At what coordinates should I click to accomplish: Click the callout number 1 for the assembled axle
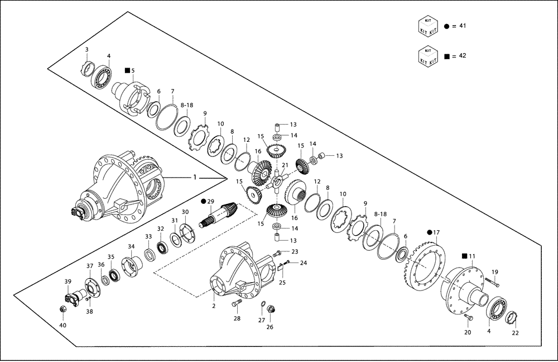(x=194, y=177)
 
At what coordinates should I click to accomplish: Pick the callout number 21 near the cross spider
(x=285, y=165)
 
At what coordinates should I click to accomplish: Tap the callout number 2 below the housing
(x=213, y=306)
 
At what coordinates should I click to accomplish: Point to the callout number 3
(x=86, y=50)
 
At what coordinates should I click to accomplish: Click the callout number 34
(x=131, y=246)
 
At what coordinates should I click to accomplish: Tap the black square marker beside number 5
(x=127, y=70)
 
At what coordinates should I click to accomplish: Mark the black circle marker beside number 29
(x=204, y=201)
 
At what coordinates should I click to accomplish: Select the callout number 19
(x=495, y=272)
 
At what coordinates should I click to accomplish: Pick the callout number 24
(x=304, y=263)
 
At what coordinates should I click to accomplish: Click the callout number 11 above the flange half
(x=472, y=256)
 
